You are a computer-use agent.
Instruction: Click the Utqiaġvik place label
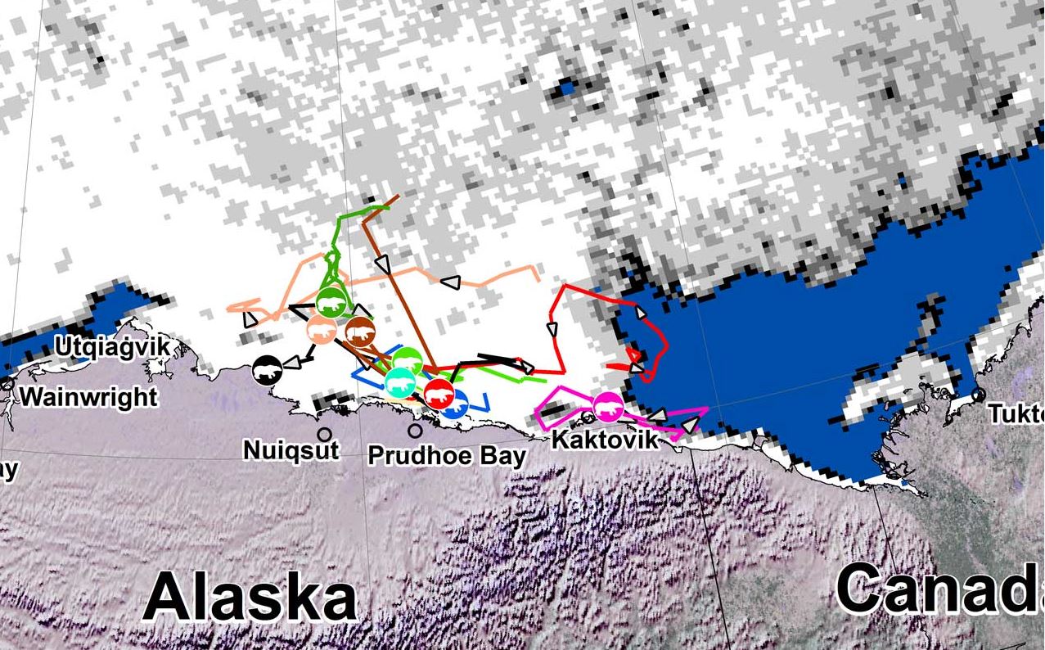113,347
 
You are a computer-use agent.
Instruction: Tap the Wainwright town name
88,397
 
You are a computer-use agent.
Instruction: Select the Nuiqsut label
291,449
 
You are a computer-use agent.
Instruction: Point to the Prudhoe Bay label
446,455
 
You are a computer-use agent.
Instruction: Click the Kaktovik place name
604,440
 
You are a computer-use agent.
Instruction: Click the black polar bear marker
267,371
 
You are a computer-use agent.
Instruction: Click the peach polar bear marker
321,330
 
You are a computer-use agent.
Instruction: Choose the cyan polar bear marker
400,381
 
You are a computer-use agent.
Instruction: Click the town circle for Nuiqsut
325,434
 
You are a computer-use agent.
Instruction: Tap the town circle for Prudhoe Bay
416,431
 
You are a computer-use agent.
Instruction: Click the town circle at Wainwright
8,383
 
